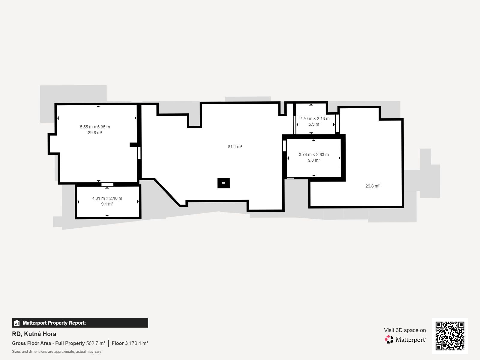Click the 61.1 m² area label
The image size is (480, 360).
[235, 147]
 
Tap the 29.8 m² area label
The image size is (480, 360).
[372, 186]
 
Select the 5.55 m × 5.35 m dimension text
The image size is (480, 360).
[95, 127]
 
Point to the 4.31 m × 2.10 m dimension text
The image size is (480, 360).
[107, 198]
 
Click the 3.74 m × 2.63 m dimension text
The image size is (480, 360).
[314, 154]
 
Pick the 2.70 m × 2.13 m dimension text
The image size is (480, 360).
[314, 118]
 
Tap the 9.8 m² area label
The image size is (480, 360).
[314, 160]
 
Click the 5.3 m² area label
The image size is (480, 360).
[314, 124]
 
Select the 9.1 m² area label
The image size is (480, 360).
[107, 204]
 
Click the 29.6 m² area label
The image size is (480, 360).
[95, 133]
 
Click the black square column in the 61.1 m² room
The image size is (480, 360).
[223, 183]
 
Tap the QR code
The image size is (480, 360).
[450, 336]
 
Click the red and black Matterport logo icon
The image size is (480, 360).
[389, 340]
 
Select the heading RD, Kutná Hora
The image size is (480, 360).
[34, 334]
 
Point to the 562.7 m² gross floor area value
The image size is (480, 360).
[96, 343]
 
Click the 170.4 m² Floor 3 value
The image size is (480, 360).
[139, 343]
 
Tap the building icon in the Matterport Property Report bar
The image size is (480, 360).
[17, 323]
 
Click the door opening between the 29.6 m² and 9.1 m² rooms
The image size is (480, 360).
[107, 184]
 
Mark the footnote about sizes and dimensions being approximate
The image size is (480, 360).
[57, 352]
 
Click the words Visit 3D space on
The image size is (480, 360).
[405, 330]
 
